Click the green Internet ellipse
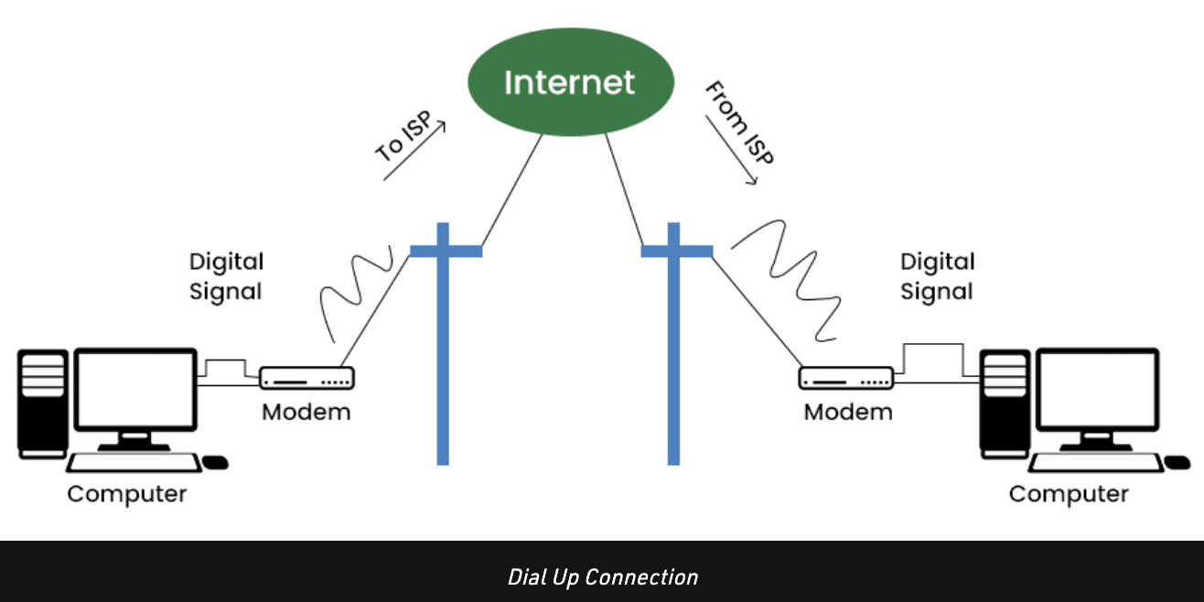(x=570, y=83)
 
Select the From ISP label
(x=739, y=122)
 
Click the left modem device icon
(x=306, y=378)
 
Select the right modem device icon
(x=846, y=378)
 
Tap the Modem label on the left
(x=306, y=412)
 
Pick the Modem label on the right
(x=848, y=412)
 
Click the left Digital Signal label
(x=226, y=276)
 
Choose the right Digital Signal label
(x=937, y=276)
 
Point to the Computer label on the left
(x=126, y=494)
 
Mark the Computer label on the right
(x=1069, y=494)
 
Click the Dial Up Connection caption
(x=602, y=577)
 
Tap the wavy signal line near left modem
(x=355, y=284)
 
